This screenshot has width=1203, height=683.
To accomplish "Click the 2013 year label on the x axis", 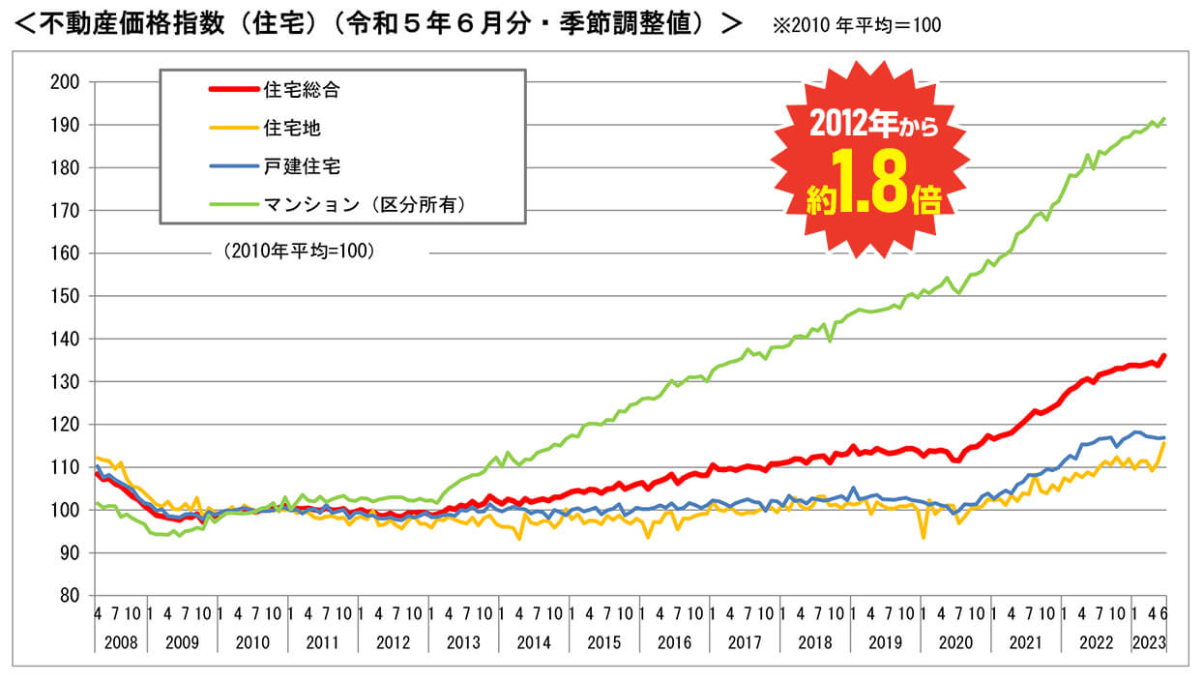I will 463,641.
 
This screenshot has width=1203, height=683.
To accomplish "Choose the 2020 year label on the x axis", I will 954,641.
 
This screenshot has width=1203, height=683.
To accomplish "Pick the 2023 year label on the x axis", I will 1148,641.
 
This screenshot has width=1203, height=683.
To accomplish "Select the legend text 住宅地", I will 291,128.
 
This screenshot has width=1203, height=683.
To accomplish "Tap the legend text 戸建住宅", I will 302,165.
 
